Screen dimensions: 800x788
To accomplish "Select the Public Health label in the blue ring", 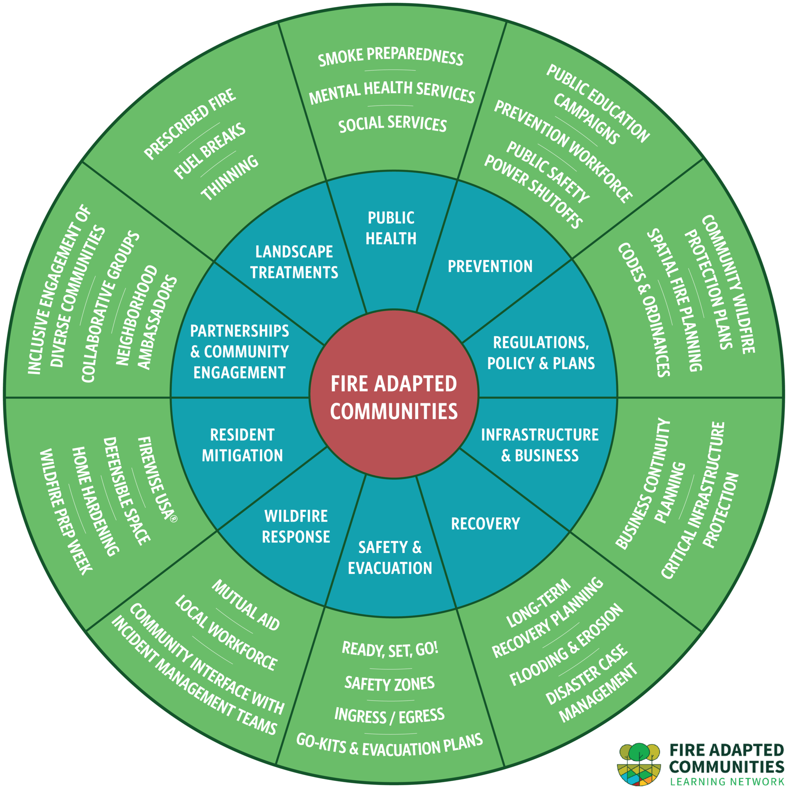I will point(391,228).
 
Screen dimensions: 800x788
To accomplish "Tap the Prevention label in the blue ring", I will point(490,266).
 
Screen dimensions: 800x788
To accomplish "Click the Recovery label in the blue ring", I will point(485,523).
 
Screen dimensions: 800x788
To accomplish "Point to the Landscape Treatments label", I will point(294,262).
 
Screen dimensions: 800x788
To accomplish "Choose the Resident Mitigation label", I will point(242,445).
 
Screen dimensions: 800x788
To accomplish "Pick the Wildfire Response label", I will point(296,526).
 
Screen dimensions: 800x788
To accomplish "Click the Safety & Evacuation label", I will point(390,557).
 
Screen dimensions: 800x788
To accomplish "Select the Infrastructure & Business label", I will point(540,445).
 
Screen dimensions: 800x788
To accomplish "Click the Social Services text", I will point(392,124).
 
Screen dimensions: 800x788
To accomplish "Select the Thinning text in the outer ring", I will point(230,178).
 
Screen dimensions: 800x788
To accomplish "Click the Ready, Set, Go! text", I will point(390,649).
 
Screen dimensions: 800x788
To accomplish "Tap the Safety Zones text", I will point(389,683).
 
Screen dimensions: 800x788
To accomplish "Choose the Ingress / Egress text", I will point(389,715).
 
